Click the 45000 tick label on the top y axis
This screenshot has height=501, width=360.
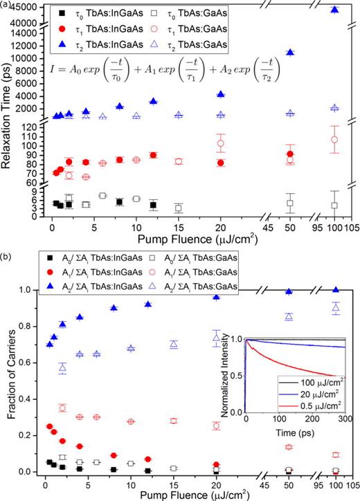click(23, 8)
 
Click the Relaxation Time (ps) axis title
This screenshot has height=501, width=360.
click(6, 118)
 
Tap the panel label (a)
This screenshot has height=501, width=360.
click(6, 4)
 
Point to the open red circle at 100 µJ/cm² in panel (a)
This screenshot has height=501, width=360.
click(335, 139)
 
